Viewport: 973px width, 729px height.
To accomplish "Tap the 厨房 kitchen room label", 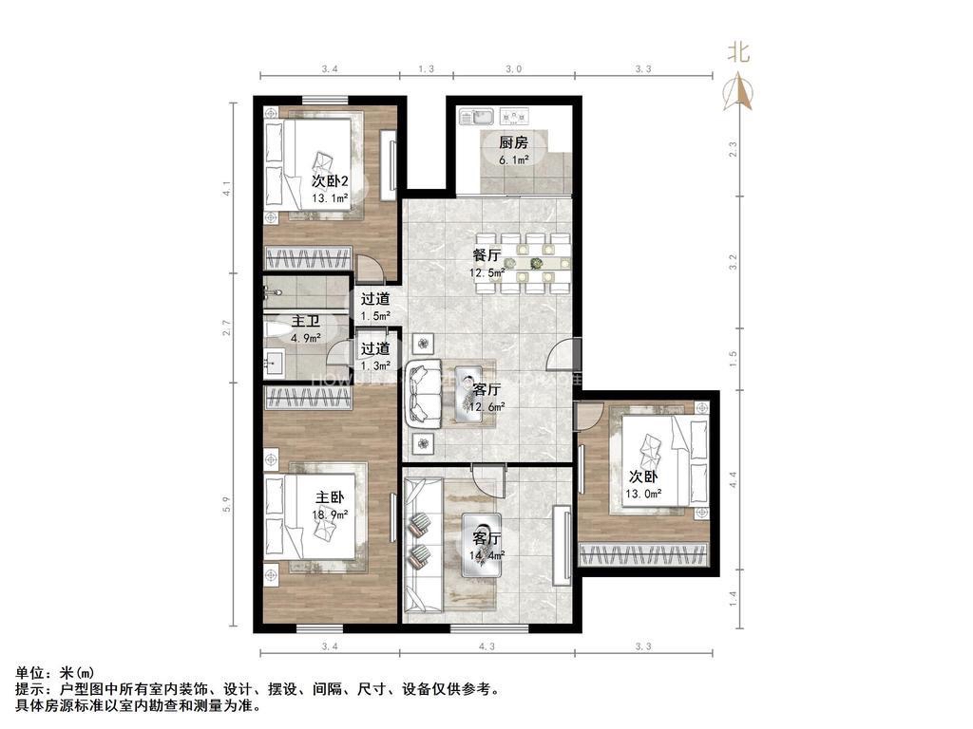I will (x=513, y=143).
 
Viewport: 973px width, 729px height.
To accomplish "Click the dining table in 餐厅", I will (x=536, y=263).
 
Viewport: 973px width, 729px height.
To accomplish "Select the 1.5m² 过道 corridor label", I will (x=375, y=307).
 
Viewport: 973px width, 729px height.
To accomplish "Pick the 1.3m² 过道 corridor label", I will (x=374, y=356).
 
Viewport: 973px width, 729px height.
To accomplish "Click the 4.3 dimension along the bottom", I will (x=487, y=647).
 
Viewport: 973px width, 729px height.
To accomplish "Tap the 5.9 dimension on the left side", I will (x=227, y=505).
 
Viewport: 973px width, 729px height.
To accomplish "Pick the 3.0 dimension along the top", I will (x=513, y=68).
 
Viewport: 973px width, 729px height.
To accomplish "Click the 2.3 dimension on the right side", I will (x=732, y=149).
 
